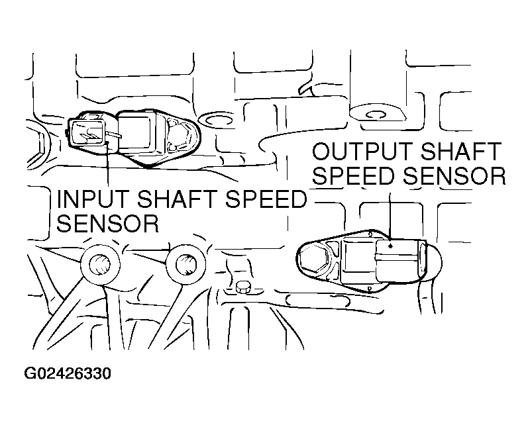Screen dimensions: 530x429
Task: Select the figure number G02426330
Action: [x=68, y=374]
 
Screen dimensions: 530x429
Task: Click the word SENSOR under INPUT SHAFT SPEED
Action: [x=107, y=223]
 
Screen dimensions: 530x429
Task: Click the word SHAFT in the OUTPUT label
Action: [x=461, y=151]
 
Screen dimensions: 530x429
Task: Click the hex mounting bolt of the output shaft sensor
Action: [x=313, y=259]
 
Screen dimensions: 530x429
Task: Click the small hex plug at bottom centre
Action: [x=243, y=288]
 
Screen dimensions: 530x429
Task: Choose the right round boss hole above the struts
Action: [x=185, y=265]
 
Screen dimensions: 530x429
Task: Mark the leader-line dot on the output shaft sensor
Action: [x=390, y=246]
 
